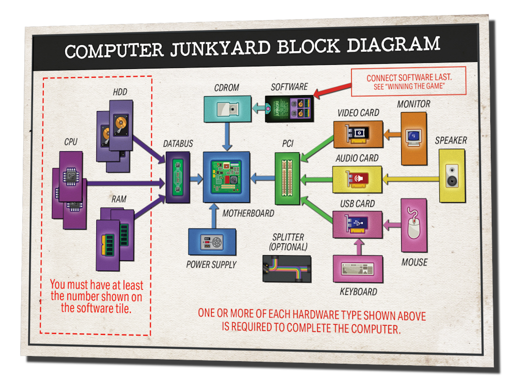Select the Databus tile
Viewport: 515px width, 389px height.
coord(178,179)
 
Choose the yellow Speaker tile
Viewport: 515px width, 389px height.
coord(452,175)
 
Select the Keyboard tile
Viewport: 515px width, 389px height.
coord(358,269)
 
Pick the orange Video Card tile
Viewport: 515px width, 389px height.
coord(357,134)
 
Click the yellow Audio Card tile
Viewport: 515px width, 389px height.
coord(357,179)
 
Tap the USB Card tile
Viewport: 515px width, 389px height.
coord(357,224)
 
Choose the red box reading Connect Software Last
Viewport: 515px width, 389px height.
coord(408,81)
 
